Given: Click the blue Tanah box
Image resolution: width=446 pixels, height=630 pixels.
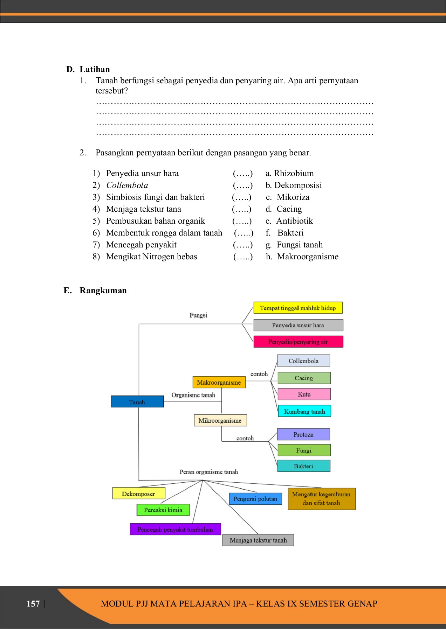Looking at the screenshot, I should pyautogui.click(x=137, y=402).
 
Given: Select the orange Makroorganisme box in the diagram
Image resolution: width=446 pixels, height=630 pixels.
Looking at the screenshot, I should pyautogui.click(x=219, y=382).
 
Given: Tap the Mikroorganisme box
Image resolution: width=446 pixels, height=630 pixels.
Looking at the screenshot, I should pyautogui.click(x=220, y=420).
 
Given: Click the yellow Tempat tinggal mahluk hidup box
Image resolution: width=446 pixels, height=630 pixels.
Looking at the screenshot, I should pyautogui.click(x=298, y=308).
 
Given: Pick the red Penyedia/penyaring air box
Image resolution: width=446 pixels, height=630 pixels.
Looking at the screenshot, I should pyautogui.click(x=298, y=342).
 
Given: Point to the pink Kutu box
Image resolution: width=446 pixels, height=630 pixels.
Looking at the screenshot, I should pyautogui.click(x=304, y=394).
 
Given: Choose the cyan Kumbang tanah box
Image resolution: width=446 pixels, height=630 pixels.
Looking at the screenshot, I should pyautogui.click(x=304, y=411).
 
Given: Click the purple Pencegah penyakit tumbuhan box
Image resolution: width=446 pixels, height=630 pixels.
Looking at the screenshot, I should pyautogui.click(x=175, y=529).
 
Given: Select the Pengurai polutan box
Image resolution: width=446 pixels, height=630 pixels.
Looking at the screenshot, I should pyautogui.click(x=255, y=499).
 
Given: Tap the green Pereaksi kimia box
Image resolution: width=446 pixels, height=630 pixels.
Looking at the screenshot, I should pyautogui.click(x=163, y=510).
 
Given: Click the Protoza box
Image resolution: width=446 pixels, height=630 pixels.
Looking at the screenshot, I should pyautogui.click(x=303, y=434).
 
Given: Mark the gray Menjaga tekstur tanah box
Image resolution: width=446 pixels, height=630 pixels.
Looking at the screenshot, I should pyautogui.click(x=258, y=540).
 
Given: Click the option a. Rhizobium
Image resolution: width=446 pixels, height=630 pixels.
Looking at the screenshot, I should pyautogui.click(x=290, y=173).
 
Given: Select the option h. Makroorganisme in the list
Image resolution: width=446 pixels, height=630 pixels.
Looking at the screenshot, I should pyautogui.click(x=302, y=257).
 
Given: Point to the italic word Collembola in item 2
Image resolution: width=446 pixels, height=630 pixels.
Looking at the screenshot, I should pyautogui.click(x=127, y=185).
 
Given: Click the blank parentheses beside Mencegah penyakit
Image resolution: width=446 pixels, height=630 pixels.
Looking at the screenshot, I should pyautogui.click(x=243, y=245).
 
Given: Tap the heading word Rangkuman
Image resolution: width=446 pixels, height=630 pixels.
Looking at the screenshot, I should pyautogui.click(x=103, y=290).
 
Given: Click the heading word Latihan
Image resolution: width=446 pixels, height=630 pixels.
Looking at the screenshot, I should pyautogui.click(x=95, y=69).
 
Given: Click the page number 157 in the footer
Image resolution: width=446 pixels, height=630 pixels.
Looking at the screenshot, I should pyautogui.click(x=33, y=603).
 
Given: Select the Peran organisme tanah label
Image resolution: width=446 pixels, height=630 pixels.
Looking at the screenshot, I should pyautogui.click(x=208, y=472).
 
